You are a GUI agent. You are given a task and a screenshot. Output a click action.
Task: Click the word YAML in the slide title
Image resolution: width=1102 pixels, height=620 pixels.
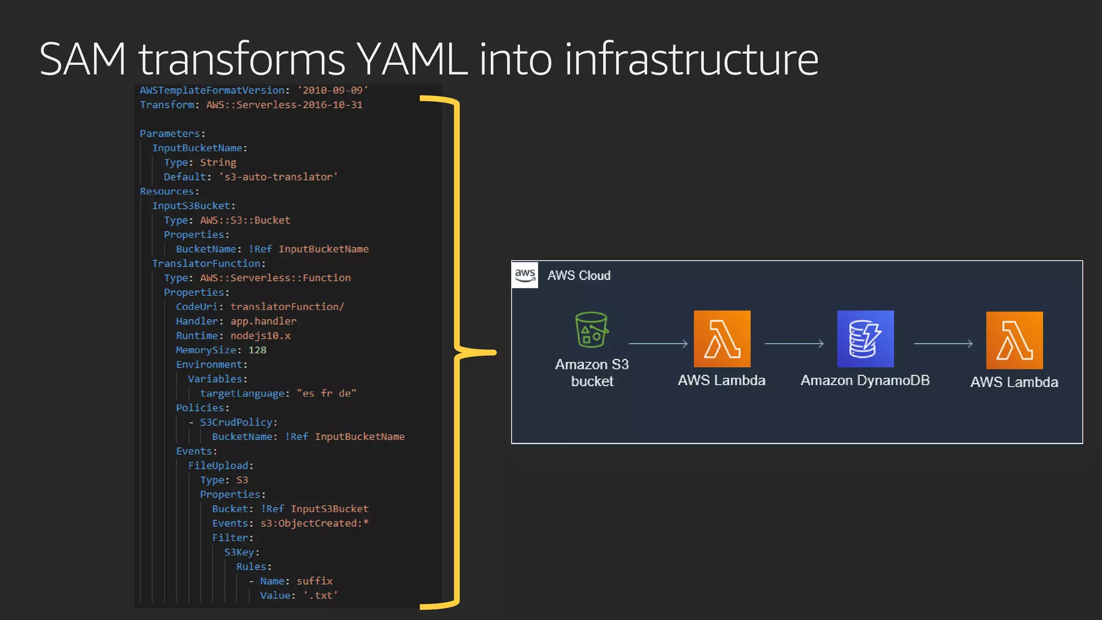pos(412,59)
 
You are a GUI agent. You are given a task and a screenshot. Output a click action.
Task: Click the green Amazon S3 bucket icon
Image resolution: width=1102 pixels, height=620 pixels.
pos(591,330)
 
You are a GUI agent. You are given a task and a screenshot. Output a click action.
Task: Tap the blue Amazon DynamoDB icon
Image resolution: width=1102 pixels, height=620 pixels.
pos(865,339)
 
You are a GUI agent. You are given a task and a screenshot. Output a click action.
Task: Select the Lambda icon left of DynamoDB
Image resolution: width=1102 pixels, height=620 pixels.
pos(722,339)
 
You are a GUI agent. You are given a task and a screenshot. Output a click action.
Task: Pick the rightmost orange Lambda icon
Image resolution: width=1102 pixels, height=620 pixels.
pos(1014,340)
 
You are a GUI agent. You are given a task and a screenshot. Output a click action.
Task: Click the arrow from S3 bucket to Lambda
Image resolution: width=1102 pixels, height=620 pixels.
pos(658,343)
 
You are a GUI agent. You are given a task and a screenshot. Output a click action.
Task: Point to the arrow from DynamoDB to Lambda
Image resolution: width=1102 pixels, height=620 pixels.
pos(943,343)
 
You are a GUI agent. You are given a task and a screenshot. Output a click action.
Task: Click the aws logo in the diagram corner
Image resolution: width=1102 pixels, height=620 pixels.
pos(525,275)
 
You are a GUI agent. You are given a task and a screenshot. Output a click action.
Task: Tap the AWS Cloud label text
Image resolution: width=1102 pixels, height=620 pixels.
pos(579,276)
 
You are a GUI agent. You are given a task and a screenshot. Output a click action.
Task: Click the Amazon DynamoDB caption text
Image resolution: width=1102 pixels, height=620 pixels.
pos(865,381)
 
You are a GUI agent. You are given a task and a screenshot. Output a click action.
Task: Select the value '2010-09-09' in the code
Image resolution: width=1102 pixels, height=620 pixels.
pos(333,90)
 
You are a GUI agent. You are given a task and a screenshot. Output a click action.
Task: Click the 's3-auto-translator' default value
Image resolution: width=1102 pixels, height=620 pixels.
pos(278,177)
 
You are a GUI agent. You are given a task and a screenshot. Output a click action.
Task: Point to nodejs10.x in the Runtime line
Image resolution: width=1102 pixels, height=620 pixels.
pos(260,336)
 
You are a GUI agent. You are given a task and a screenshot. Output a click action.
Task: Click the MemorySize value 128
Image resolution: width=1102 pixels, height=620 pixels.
pos(257,350)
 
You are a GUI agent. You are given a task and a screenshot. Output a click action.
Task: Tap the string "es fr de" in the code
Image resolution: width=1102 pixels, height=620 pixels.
pos(326,393)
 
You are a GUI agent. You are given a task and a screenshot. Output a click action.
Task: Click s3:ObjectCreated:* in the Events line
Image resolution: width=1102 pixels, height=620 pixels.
pos(314,523)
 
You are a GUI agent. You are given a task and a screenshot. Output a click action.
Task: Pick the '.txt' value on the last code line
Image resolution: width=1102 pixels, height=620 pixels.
pos(320,595)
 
